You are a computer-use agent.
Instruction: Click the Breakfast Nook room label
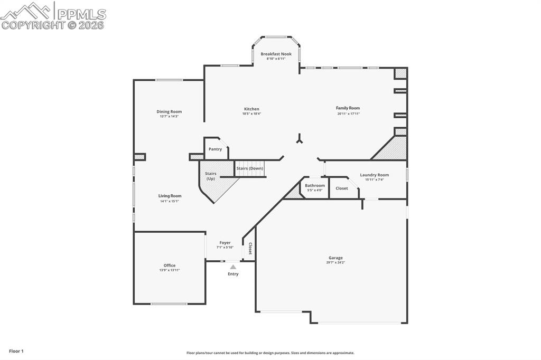coord(276,54)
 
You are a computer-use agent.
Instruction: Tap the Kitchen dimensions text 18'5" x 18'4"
coord(251,113)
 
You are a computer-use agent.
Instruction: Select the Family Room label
coord(348,108)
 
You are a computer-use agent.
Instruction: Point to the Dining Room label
coord(169,111)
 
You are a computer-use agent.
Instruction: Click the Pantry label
coord(215,149)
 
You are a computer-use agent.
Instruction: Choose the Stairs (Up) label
coord(211,176)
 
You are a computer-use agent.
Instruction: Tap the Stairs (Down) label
coord(250,168)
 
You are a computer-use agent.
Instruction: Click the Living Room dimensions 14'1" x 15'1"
coord(170,201)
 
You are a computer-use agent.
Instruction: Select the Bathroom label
coord(315,185)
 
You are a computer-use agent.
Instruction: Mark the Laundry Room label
coord(374,175)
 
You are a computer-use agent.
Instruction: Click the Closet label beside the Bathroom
coord(342,188)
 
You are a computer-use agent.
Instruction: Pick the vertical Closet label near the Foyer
coord(250,249)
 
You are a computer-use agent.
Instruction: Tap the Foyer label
coord(225,243)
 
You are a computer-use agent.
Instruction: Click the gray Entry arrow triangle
coord(233,267)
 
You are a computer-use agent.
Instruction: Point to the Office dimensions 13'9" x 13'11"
coord(170,270)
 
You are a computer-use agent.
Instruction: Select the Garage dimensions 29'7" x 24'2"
coord(335,262)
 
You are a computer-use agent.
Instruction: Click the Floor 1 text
coord(16,351)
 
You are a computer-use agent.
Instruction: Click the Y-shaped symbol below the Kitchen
coord(299,139)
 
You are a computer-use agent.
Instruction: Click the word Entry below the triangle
coord(233,274)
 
